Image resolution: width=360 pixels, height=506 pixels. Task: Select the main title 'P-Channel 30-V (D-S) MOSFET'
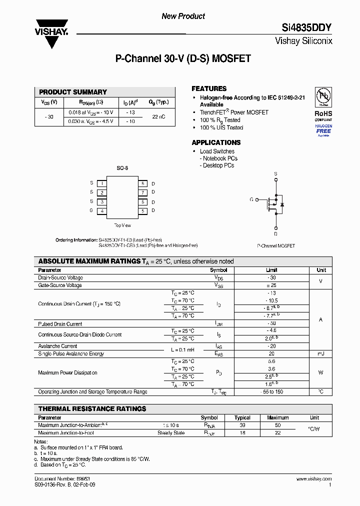[183, 58]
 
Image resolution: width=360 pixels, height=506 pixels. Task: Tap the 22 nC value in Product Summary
[158, 116]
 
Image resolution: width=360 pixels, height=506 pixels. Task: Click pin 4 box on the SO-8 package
[101, 211]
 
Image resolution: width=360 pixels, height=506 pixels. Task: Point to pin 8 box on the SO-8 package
[142, 183]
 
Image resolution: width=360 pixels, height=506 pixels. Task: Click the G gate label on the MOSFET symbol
[251, 199]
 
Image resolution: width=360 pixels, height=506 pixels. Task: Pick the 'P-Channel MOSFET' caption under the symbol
[276, 246]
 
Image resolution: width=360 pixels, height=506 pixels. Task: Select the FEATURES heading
[209, 88]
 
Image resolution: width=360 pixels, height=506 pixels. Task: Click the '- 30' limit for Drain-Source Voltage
[271, 277]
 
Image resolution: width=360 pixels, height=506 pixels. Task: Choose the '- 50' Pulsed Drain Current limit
[271, 324]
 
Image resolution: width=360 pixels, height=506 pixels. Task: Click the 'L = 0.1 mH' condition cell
[182, 349]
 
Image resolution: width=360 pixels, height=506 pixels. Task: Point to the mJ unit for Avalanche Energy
[321, 353]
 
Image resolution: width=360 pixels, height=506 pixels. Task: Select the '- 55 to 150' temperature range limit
[271, 392]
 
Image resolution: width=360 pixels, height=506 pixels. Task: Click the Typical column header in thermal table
[242, 417]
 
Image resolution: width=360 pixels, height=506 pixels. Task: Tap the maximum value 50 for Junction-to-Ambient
[277, 425]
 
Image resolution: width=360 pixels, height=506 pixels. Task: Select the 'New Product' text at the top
[183, 16]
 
